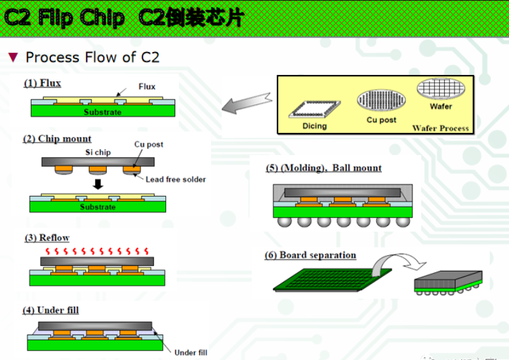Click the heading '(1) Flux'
coord(42,83)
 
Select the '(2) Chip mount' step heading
coord(57,139)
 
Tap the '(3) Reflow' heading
coord(46,238)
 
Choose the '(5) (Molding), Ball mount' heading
coord(323,168)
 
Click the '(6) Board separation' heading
coord(310,255)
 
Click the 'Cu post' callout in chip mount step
coord(148,144)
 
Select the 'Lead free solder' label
coord(175,179)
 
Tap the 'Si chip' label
coord(98,153)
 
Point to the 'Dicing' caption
coord(314,126)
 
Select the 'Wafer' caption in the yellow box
coord(440,106)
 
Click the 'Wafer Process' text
coord(440,128)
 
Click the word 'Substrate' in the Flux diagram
coord(102,112)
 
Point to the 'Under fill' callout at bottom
coord(191,352)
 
